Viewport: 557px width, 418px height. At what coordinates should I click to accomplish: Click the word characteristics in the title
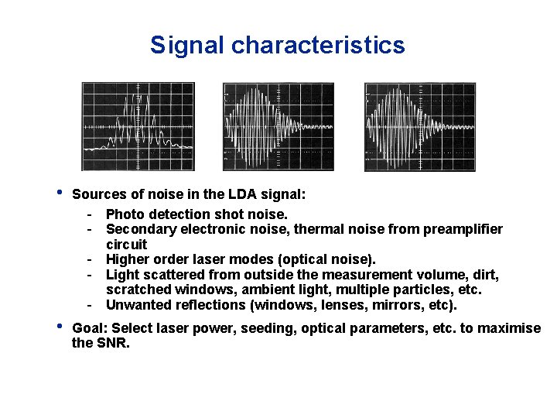point(318,46)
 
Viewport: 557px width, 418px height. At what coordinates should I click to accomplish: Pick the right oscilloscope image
point(420,127)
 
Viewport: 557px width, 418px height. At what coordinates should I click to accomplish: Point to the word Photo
point(125,214)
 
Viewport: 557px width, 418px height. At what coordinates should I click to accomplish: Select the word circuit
point(126,244)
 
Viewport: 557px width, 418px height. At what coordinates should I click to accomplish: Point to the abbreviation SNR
point(111,343)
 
